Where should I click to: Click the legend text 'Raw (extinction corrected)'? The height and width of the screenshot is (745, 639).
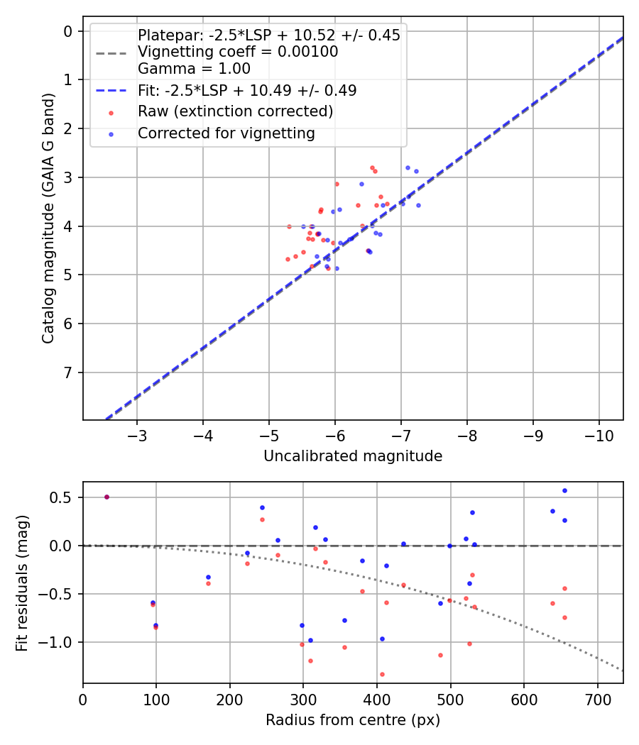pyautogui.click(x=235, y=111)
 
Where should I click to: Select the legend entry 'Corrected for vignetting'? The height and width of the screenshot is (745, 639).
pyautogui.click(x=226, y=133)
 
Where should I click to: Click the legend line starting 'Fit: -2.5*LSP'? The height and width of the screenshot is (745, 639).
pyautogui.click(x=246, y=90)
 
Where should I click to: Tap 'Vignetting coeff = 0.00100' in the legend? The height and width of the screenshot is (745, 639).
pyautogui.click(x=237, y=52)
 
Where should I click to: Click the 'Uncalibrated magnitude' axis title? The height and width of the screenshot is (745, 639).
pyautogui.click(x=353, y=456)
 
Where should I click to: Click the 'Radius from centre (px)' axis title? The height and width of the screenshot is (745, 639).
pyautogui.click(x=353, y=720)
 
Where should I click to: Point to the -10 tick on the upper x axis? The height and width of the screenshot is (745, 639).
pyautogui.click(x=598, y=435)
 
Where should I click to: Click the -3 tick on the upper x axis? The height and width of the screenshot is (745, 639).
pyautogui.click(x=137, y=435)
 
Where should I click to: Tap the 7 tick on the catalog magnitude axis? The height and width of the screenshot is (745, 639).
pyautogui.click(x=69, y=372)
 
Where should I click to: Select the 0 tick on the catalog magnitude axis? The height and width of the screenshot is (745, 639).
pyautogui.click(x=69, y=31)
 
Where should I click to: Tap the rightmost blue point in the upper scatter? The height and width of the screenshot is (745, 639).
pyautogui.click(x=418, y=205)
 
